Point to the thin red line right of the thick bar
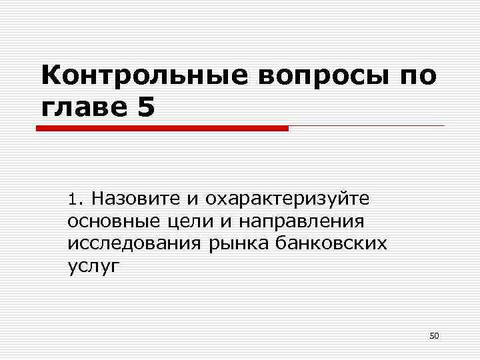tap(367, 126)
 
